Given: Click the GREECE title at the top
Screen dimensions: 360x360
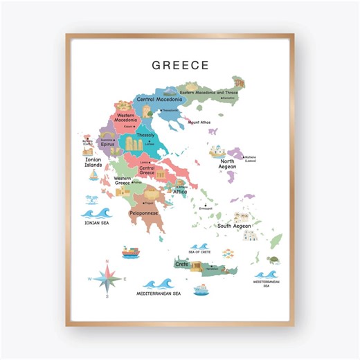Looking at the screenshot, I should (x=180, y=66).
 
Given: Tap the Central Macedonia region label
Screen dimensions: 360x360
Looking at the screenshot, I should (x=159, y=100).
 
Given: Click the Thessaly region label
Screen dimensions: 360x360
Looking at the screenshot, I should (x=145, y=135).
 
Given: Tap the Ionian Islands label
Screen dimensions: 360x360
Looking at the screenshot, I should (x=93, y=163).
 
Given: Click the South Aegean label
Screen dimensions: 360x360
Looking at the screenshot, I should (x=234, y=226).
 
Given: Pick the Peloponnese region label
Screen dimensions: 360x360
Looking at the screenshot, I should (x=144, y=213).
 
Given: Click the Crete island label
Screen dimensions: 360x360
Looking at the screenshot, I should (x=181, y=264).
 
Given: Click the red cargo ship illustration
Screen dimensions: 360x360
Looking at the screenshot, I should (x=131, y=252).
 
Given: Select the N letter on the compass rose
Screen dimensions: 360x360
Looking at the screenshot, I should (x=108, y=261).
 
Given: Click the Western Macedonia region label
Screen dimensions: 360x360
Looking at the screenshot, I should (x=129, y=118).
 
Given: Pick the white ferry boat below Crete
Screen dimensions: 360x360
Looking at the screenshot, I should (x=201, y=289).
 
